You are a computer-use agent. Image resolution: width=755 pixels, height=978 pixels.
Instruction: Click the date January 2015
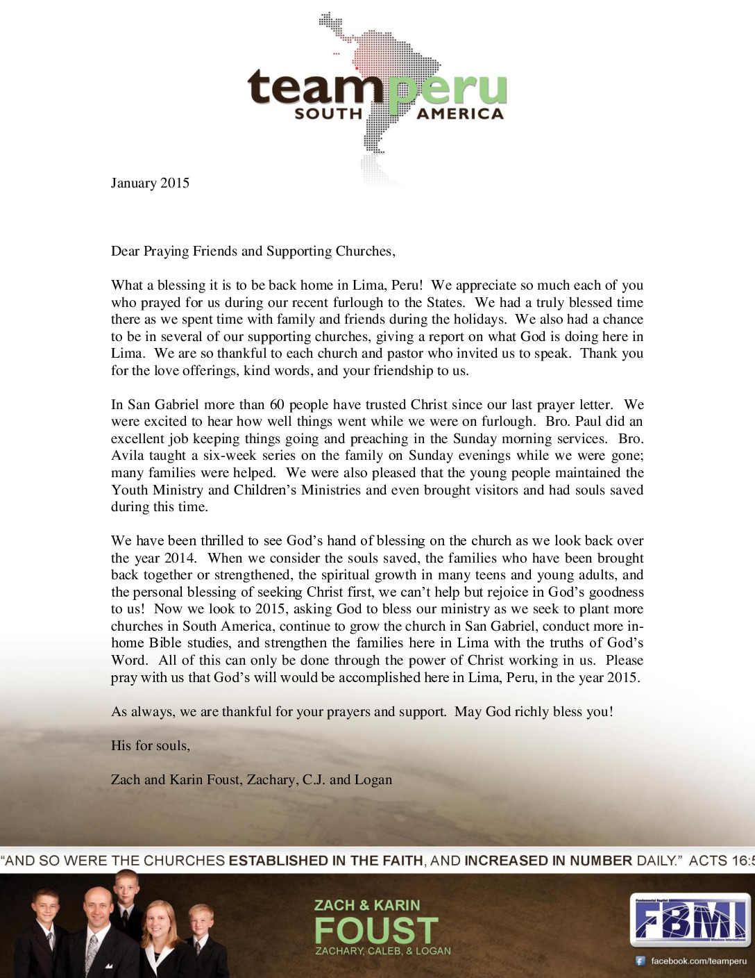[150, 183]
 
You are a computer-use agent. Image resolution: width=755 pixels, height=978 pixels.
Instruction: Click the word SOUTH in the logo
[328, 113]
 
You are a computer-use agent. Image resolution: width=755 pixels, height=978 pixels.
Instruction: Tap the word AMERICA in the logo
[460, 114]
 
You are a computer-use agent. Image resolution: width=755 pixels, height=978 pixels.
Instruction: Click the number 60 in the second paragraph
[277, 404]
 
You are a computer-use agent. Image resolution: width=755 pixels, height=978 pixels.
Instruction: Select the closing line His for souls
[150, 745]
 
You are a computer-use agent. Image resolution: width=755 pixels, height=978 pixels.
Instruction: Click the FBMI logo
[690, 920]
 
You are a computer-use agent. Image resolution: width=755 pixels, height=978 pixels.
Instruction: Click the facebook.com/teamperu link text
[698, 961]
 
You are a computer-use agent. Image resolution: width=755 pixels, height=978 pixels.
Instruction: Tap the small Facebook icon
[641, 961]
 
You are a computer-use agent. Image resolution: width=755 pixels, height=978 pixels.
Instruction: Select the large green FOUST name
[376, 930]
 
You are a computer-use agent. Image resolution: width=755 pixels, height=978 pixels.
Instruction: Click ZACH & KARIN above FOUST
[367, 905]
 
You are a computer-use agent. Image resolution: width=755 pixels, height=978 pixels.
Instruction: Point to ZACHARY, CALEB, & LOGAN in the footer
[383, 951]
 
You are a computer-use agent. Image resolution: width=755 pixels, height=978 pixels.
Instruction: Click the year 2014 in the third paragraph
[180, 558]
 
